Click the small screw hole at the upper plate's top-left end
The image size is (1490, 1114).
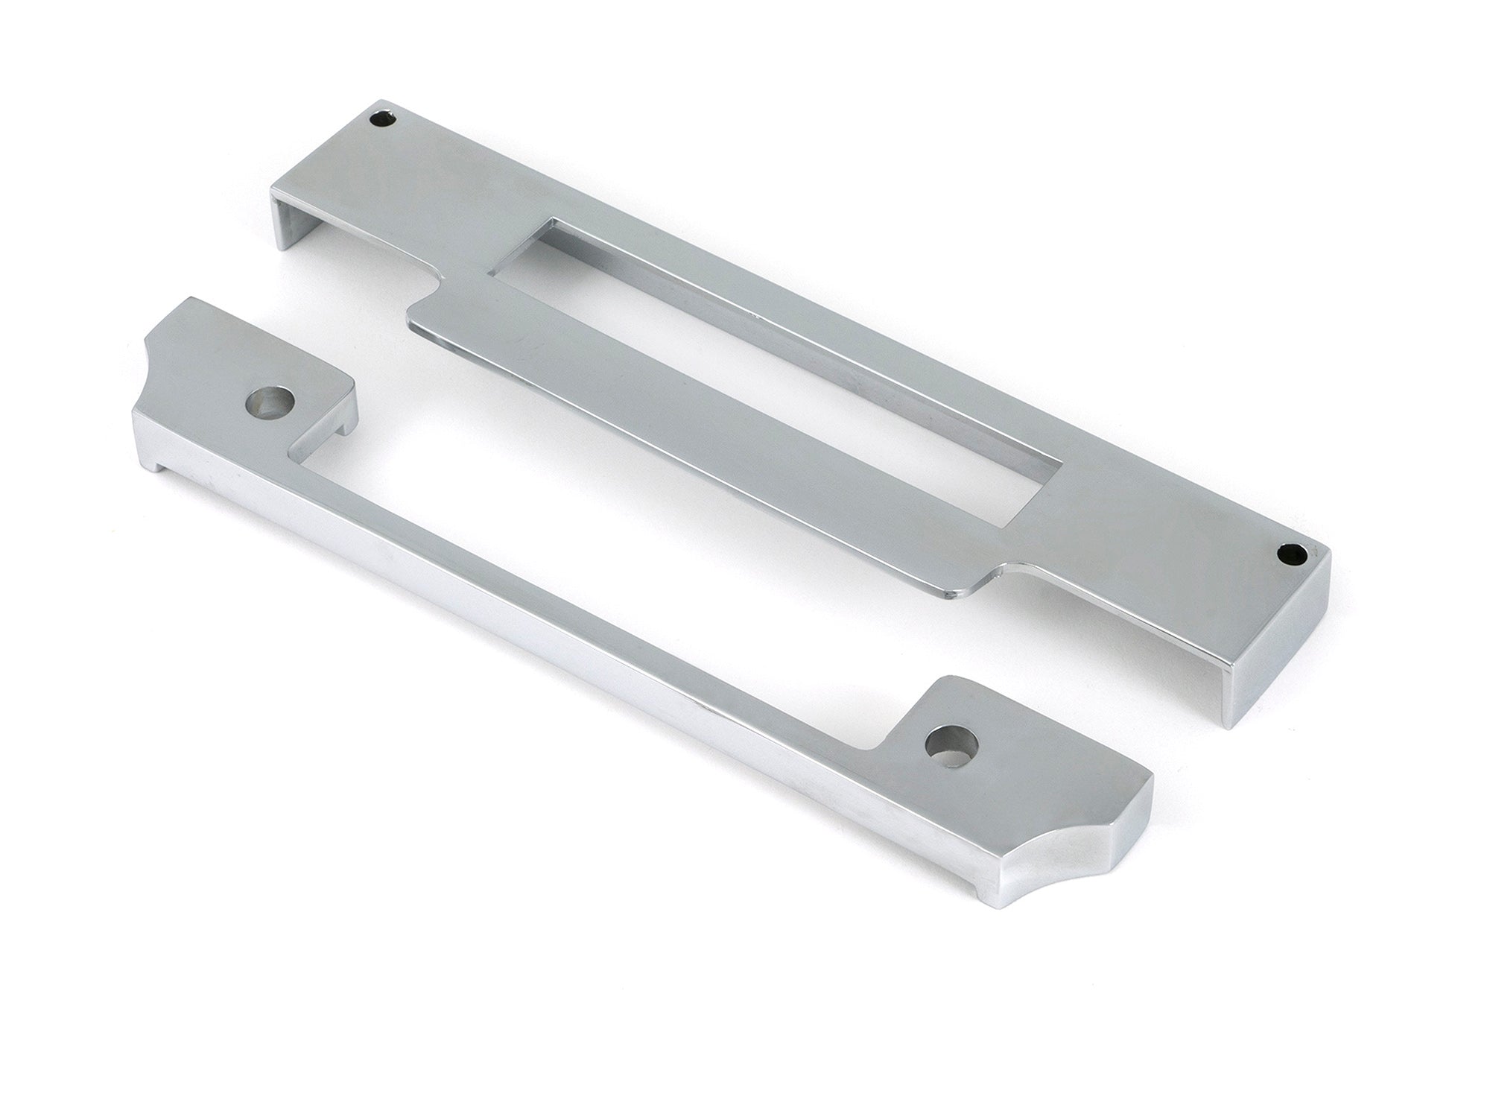pos(385,117)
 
